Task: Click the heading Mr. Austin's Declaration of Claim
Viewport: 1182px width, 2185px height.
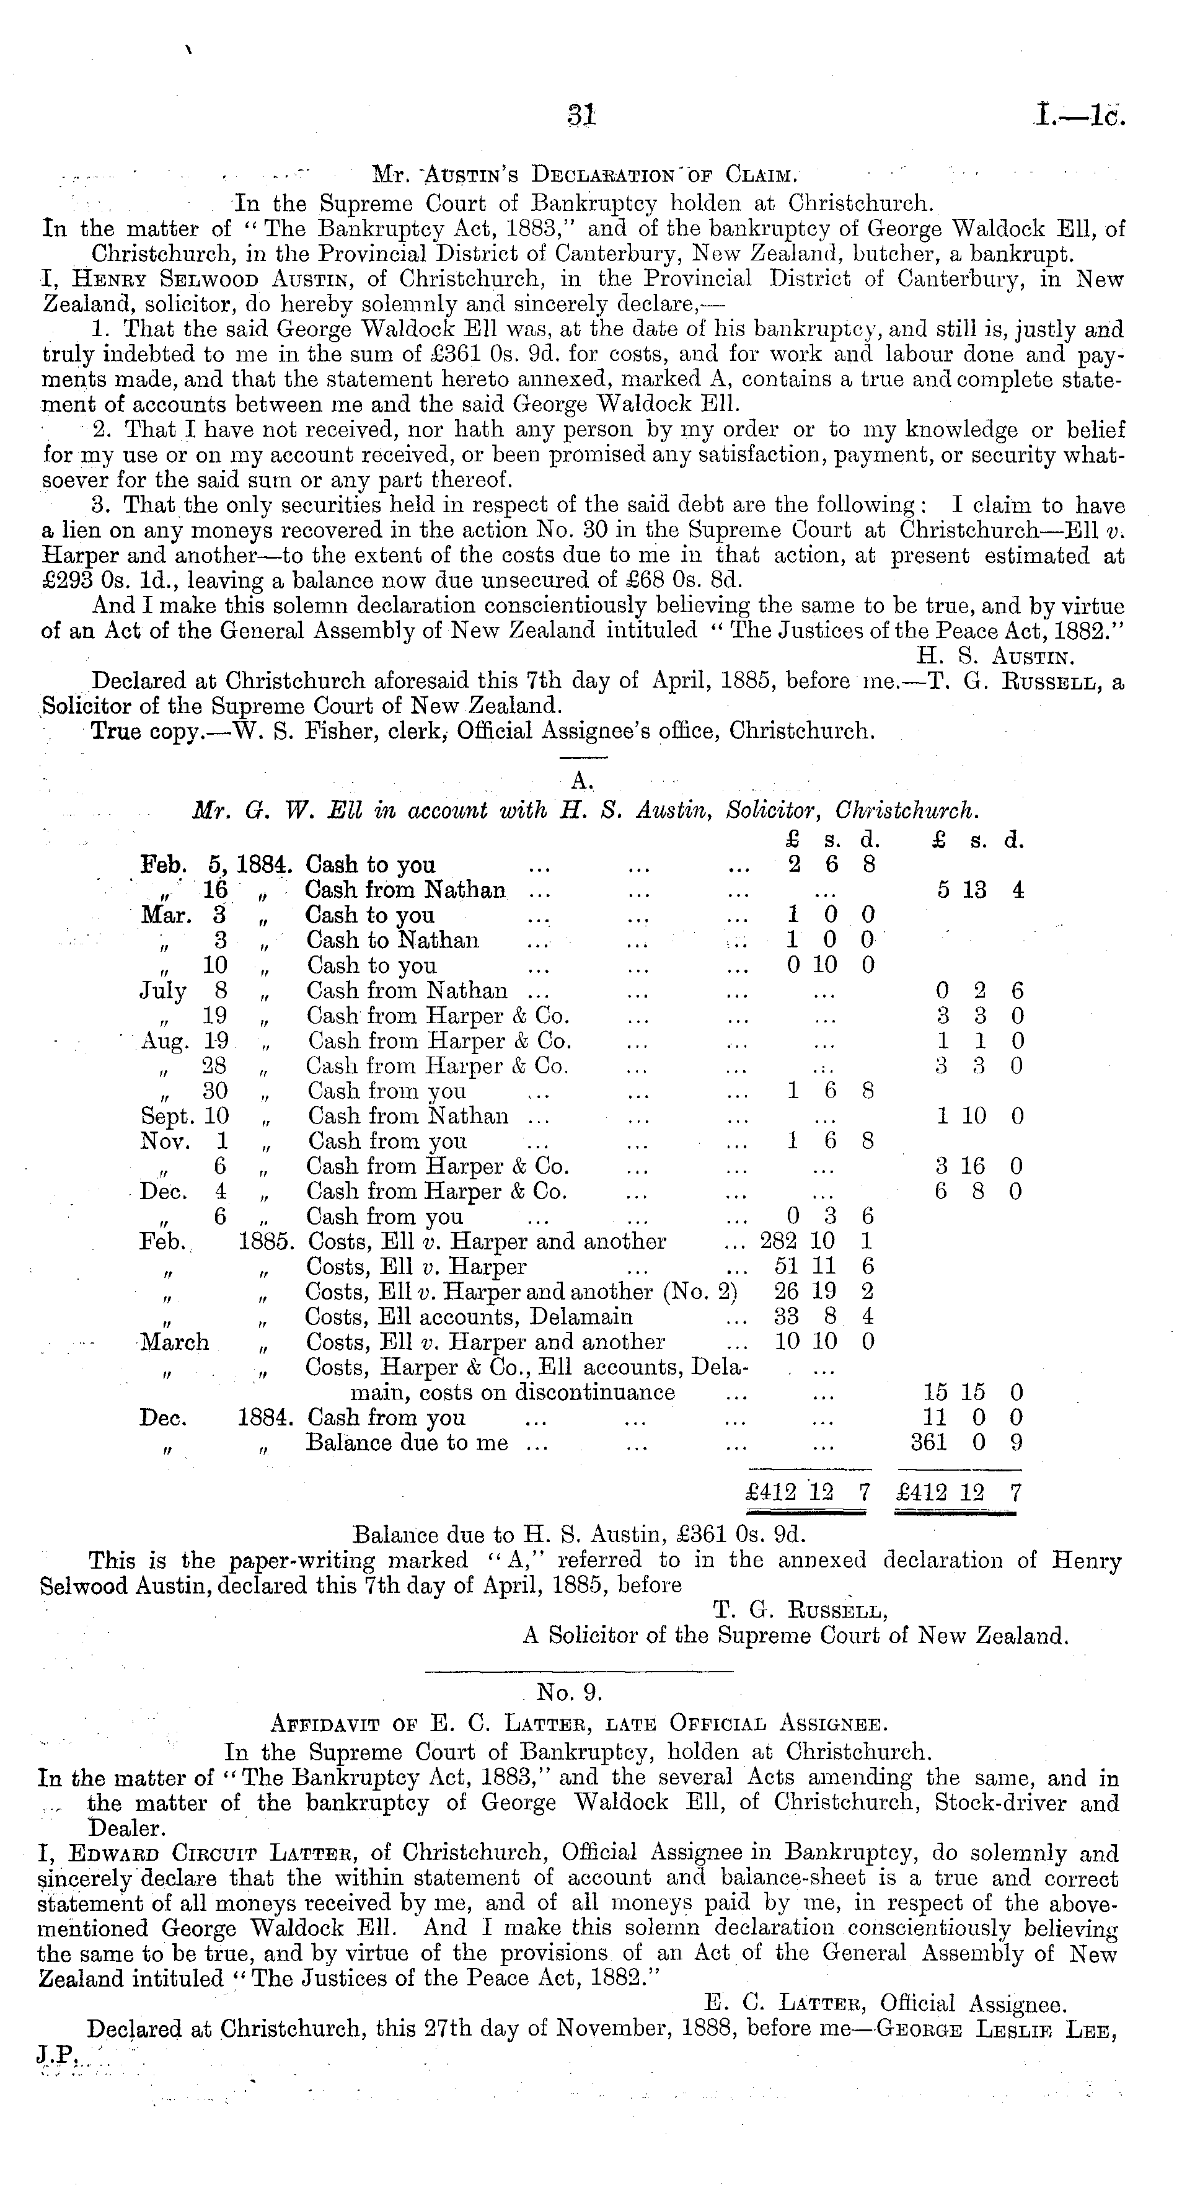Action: pyautogui.click(x=584, y=177)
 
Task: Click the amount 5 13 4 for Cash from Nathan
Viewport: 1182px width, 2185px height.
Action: pyautogui.click(x=980, y=890)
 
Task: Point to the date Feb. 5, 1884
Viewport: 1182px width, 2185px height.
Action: pyautogui.click(x=216, y=865)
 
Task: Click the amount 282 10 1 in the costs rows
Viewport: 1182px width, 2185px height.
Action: pyautogui.click(x=816, y=1242)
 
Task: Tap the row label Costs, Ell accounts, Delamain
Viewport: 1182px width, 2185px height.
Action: pyautogui.click(x=469, y=1318)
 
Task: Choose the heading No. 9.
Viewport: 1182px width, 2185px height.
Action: pyautogui.click(x=569, y=1693)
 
